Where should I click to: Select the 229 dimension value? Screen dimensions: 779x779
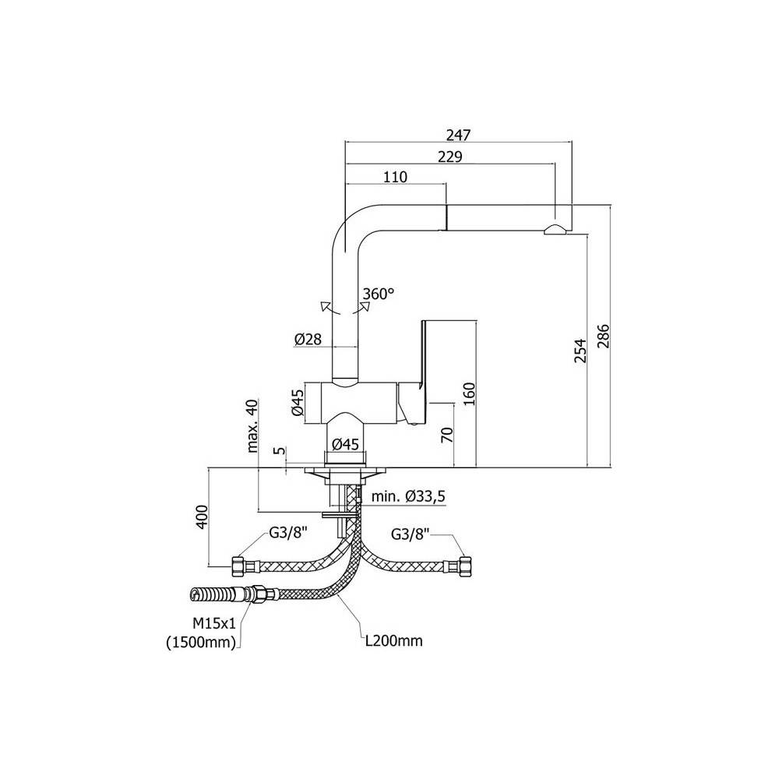click(450, 156)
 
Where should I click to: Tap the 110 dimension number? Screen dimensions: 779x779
click(396, 177)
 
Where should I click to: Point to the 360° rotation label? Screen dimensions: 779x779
click(379, 294)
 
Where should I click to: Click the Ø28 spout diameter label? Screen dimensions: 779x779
click(309, 339)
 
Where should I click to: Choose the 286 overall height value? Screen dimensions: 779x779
click(603, 334)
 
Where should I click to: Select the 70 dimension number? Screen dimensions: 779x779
click(446, 434)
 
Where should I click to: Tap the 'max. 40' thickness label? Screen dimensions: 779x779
click(251, 426)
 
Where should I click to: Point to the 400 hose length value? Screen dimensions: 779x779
click(201, 516)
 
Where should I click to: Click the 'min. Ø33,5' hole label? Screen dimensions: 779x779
click(408, 496)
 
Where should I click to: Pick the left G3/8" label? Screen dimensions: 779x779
click(288, 534)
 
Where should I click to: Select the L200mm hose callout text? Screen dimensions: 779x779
click(394, 641)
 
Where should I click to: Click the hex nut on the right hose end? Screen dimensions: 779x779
click(467, 566)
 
